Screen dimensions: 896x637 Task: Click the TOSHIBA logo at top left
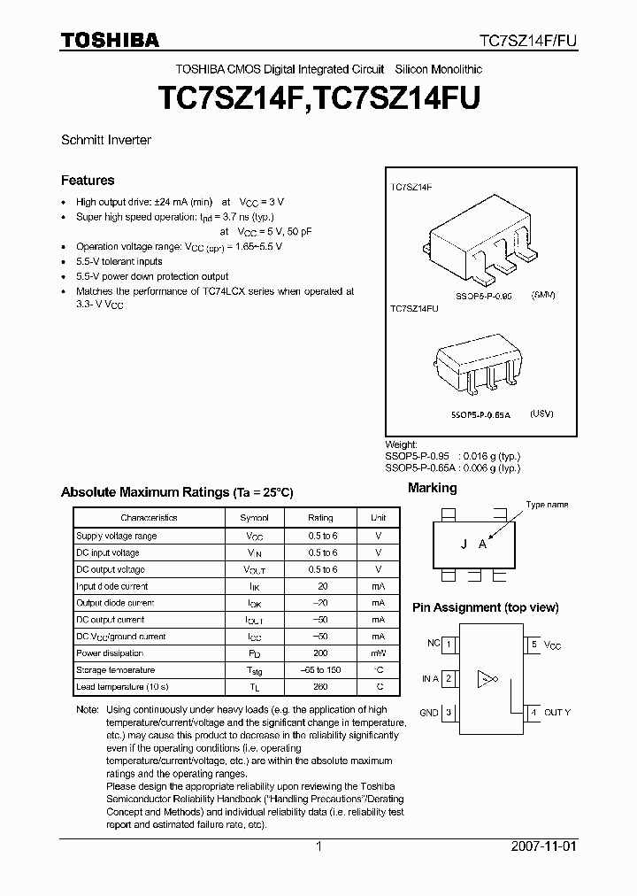(110, 40)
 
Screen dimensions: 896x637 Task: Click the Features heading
(88, 181)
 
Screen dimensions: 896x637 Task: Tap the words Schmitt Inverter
(106, 140)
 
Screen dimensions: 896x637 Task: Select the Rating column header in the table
(320, 518)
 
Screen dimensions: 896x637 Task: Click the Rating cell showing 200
(320, 653)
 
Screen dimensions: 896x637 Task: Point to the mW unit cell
(379, 653)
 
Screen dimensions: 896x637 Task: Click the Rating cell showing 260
(320, 687)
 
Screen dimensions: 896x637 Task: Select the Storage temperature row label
(116, 670)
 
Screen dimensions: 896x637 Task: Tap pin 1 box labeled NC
(449, 645)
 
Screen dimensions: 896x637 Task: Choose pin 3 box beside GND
(449, 712)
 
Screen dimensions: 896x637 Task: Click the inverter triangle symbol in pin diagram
(484, 680)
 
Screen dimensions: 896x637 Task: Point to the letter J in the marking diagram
(463, 545)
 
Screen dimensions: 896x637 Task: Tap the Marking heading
(432, 488)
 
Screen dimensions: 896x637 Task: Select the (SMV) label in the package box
(543, 294)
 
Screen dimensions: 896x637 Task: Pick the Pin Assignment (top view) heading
(486, 607)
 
